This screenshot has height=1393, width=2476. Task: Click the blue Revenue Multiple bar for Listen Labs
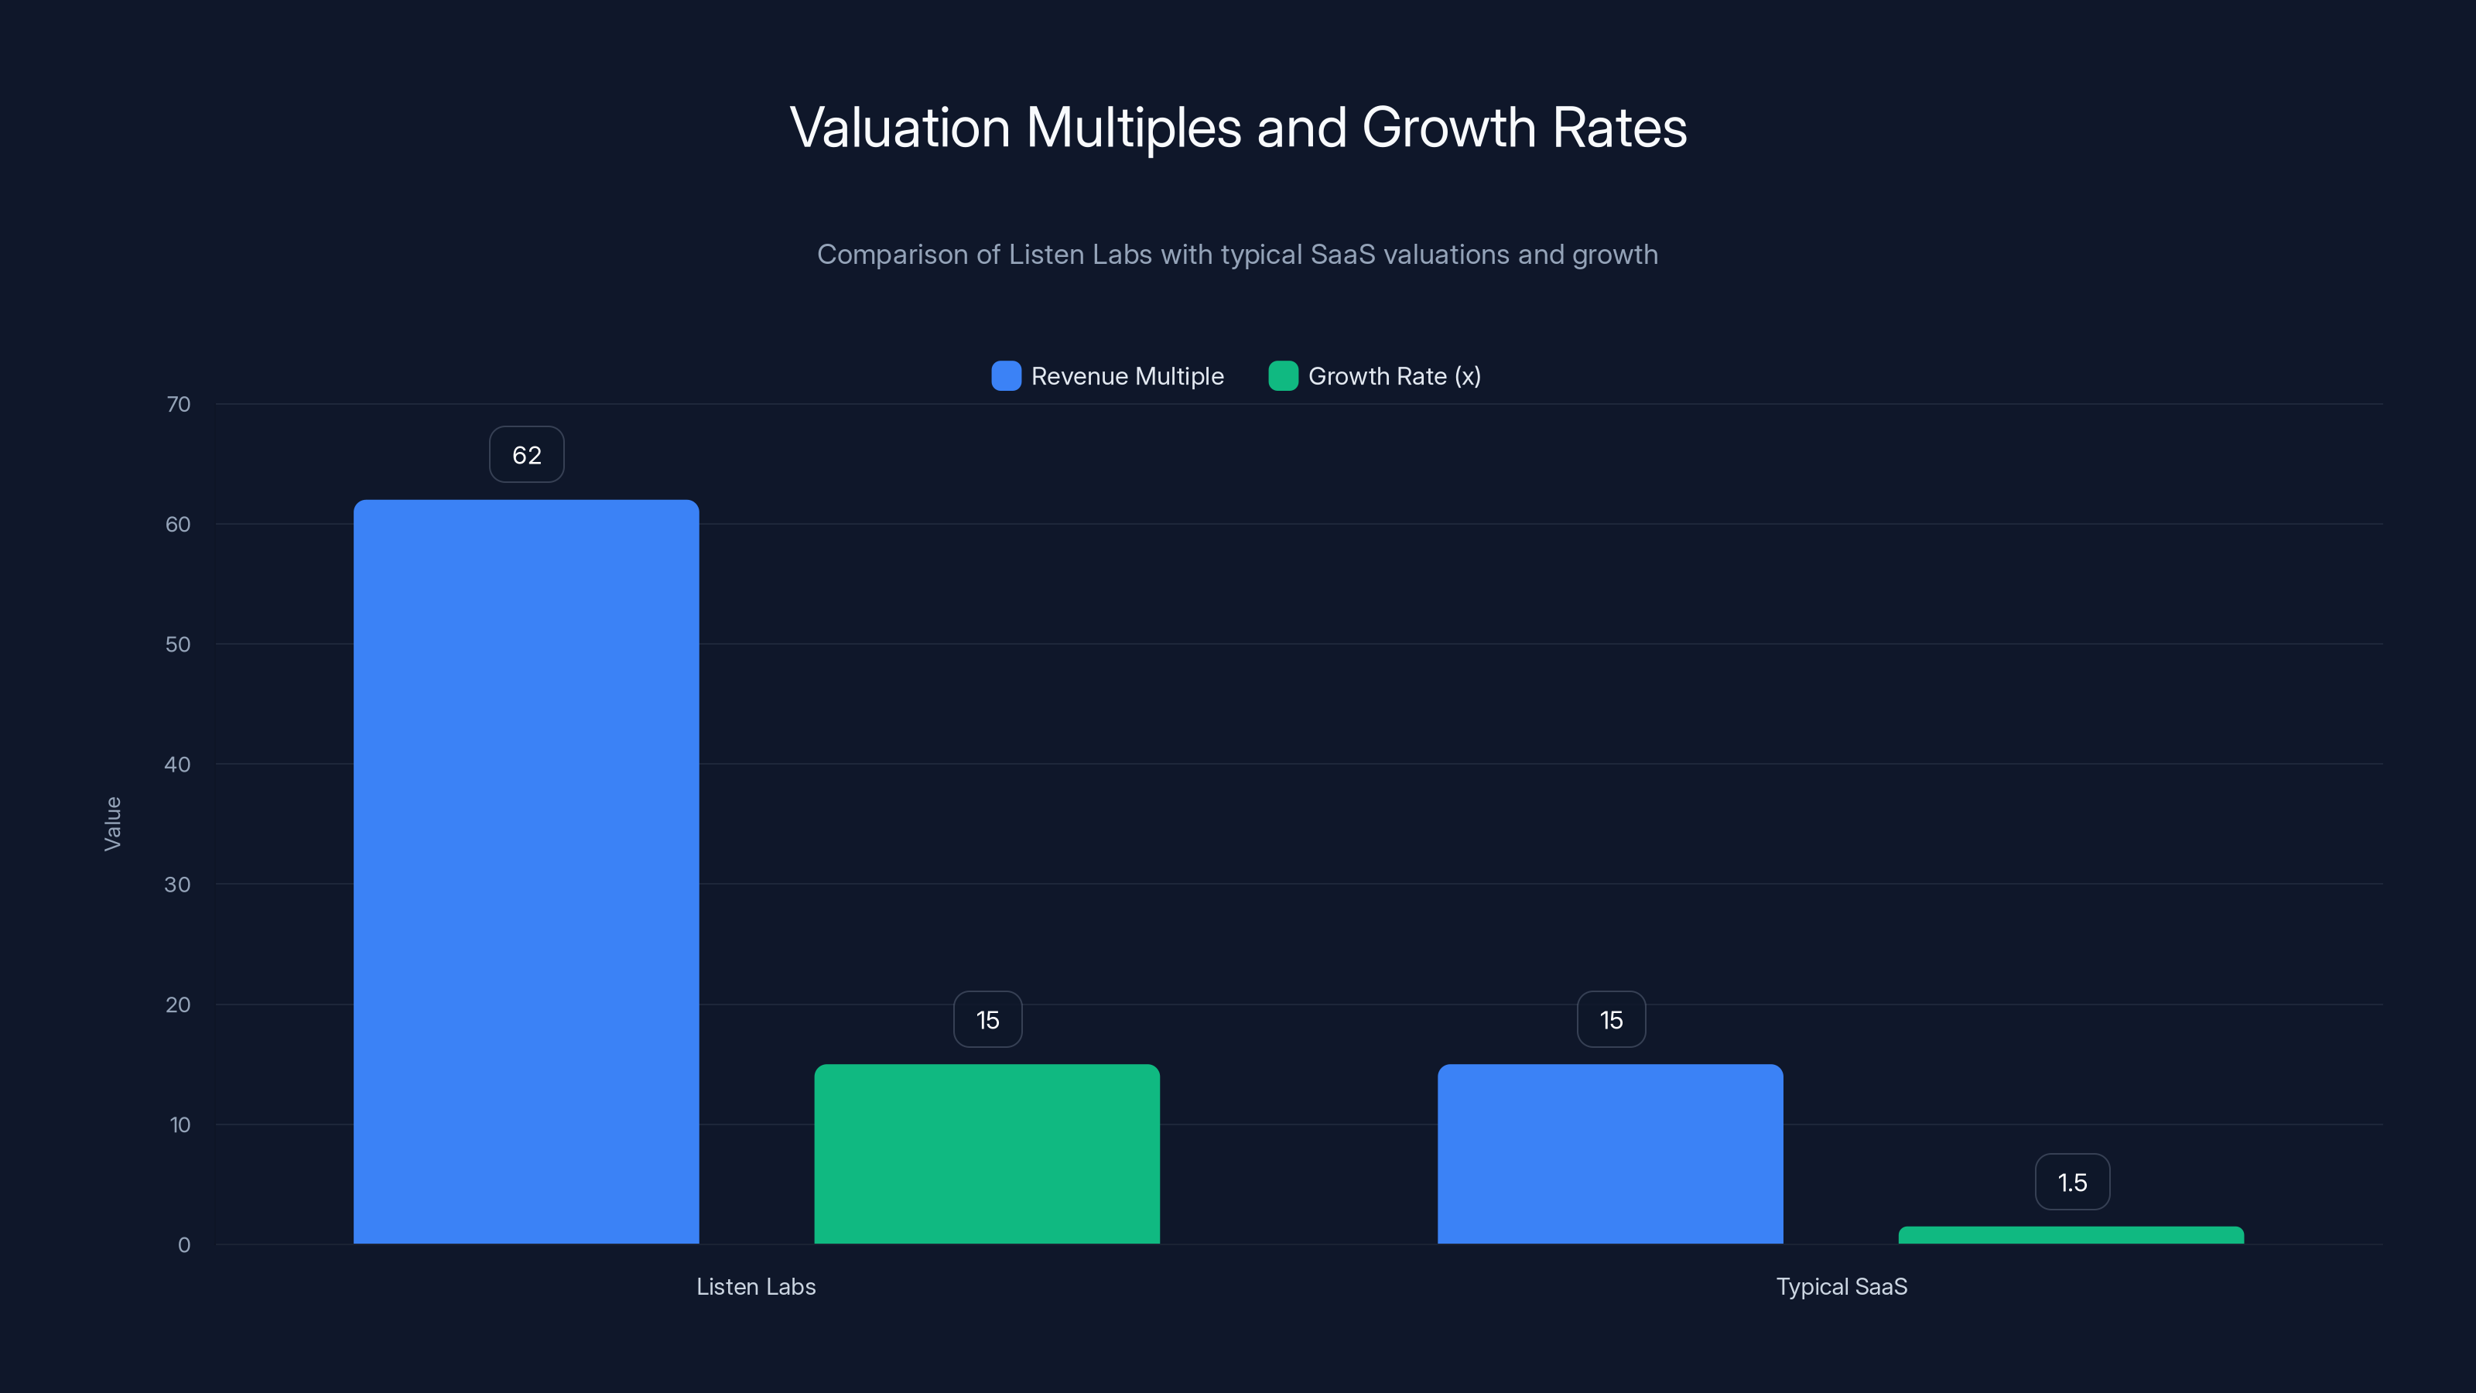[x=526, y=870]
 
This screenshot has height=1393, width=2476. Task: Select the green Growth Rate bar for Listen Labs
[x=987, y=1154]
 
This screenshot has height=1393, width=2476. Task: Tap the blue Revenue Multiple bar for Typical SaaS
[x=1610, y=1154]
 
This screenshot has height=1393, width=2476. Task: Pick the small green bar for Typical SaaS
[x=2071, y=1235]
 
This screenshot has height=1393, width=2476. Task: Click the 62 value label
[x=527, y=455]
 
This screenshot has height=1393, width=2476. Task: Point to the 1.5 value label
[x=2072, y=1183]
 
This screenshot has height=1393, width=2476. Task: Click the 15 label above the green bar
[x=987, y=1020]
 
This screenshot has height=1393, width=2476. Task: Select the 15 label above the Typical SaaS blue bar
[x=1611, y=1020]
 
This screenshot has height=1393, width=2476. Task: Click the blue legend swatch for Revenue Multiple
[x=1005, y=376]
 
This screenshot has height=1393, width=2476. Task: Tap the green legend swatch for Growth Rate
[x=1283, y=376]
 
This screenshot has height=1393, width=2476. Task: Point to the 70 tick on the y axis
[x=178, y=404]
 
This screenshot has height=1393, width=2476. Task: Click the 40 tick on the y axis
[x=177, y=765]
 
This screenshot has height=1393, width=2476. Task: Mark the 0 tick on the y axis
[x=183, y=1245]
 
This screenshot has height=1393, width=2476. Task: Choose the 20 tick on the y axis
[x=178, y=1005]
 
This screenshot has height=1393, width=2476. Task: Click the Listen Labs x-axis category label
[x=755, y=1286]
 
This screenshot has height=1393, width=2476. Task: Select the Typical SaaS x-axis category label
[x=1841, y=1286]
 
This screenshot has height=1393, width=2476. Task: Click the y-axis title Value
[x=112, y=823]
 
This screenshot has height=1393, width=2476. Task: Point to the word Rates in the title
[x=1619, y=128]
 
